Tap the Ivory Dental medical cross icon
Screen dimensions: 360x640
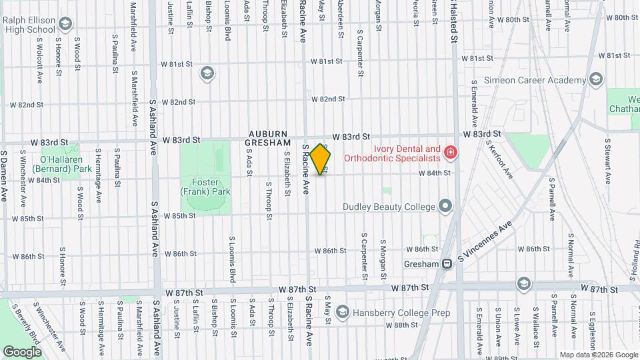[x=451, y=153]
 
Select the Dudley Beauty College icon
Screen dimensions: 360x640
[x=445, y=206]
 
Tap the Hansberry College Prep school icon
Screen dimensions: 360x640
[x=343, y=311]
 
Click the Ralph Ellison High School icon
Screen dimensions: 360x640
[x=65, y=25]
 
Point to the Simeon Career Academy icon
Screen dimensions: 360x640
[x=596, y=81]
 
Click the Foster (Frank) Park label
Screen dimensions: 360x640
[x=205, y=187]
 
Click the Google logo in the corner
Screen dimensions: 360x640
[x=23, y=351]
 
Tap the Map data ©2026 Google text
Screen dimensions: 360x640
[x=598, y=355]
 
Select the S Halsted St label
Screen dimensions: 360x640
[x=454, y=20]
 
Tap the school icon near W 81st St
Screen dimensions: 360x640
[x=207, y=73]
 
